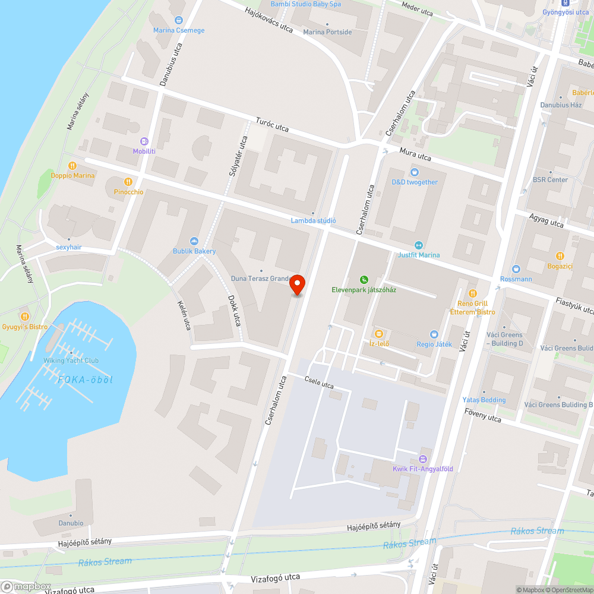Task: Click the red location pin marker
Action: pyautogui.click(x=297, y=285)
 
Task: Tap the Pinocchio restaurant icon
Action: pyautogui.click(x=128, y=182)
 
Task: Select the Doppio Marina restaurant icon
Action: pyautogui.click(x=72, y=166)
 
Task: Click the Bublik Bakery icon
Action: pyautogui.click(x=194, y=241)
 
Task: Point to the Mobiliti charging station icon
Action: pyautogui.click(x=144, y=141)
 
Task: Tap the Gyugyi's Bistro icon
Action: pyautogui.click(x=24, y=317)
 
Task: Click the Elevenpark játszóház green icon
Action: pyautogui.click(x=364, y=280)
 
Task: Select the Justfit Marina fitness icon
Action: pyautogui.click(x=419, y=245)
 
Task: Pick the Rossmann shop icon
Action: pyautogui.click(x=516, y=269)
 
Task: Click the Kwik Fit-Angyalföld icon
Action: pyautogui.click(x=422, y=459)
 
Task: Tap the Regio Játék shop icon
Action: pyautogui.click(x=434, y=334)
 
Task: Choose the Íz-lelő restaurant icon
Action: pyautogui.click(x=377, y=333)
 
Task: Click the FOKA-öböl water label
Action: pyautogui.click(x=85, y=380)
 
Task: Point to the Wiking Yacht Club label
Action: pyautogui.click(x=71, y=361)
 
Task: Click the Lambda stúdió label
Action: pyautogui.click(x=313, y=221)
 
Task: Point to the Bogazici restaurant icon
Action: pyautogui.click(x=560, y=256)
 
